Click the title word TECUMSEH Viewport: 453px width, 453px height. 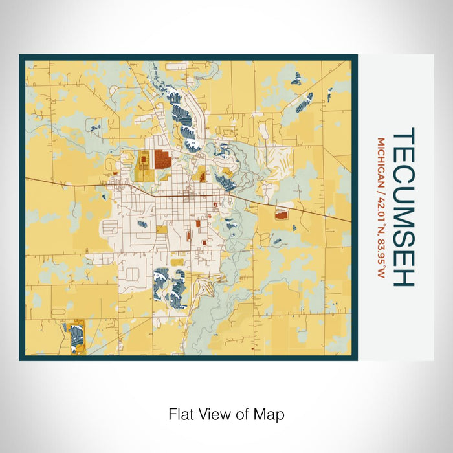tap(404, 207)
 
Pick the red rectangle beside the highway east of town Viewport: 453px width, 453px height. tap(282, 214)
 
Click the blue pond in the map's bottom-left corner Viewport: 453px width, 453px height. tap(76, 337)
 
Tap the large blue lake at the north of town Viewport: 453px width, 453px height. tap(184, 120)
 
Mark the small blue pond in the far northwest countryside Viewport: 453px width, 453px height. tap(95, 128)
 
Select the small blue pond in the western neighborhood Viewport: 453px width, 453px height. tap(142, 224)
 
